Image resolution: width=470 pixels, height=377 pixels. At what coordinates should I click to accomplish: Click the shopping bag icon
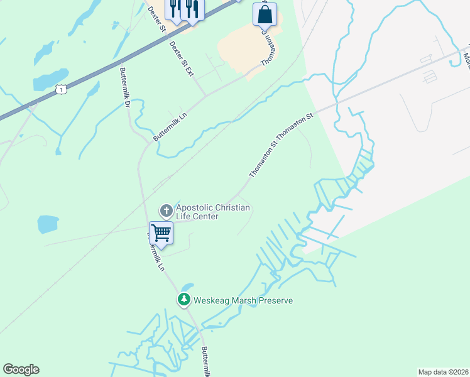coord(265,14)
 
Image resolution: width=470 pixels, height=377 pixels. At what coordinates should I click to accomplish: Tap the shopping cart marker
coord(161,232)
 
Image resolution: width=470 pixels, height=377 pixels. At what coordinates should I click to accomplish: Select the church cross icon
coord(166,210)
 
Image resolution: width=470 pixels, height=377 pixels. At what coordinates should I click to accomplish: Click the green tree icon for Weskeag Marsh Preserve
coord(184,300)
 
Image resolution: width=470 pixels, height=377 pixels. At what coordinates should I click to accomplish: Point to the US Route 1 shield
coord(61,90)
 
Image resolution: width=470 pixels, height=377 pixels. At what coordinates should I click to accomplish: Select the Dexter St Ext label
coord(181,59)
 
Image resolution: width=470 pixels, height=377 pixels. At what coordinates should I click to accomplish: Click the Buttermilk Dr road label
coord(123,85)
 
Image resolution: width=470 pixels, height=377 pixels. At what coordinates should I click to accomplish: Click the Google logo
coord(21,369)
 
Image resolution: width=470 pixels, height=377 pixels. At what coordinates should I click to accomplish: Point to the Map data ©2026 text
coord(443,371)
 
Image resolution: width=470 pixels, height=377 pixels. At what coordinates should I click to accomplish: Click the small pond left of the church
coord(48,224)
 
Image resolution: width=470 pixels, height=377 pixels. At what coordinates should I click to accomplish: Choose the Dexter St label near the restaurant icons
coord(156,19)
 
